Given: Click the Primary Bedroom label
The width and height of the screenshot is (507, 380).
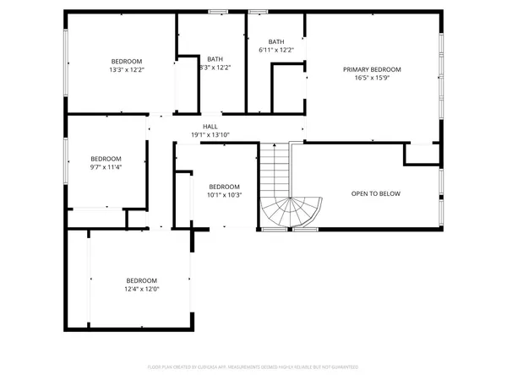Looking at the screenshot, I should click(x=372, y=69).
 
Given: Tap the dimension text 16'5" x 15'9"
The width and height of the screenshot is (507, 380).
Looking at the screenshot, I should click(x=372, y=78).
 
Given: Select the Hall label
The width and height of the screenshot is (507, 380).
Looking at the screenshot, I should click(x=210, y=125).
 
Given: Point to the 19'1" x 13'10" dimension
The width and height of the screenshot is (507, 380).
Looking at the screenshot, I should click(x=210, y=133).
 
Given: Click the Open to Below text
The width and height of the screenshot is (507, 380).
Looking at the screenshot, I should click(x=376, y=193).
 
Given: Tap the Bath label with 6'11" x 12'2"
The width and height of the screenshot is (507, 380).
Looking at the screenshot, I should click(x=276, y=41).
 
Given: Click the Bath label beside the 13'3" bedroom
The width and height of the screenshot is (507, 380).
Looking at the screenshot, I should click(x=215, y=58).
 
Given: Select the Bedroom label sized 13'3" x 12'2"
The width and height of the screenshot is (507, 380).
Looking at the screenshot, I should click(x=127, y=61).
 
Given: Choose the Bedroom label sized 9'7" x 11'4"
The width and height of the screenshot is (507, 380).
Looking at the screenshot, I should click(x=106, y=159).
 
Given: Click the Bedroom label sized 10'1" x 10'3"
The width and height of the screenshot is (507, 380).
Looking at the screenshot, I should click(x=225, y=187).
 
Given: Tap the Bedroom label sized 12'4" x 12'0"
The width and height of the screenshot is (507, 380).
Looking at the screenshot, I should click(x=142, y=280).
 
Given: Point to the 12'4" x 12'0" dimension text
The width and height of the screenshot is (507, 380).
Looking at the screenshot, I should click(x=142, y=289).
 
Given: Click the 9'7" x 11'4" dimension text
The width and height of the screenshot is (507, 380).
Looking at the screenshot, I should click(x=106, y=167).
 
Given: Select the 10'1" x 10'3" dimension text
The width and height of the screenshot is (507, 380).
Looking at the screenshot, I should click(x=225, y=195).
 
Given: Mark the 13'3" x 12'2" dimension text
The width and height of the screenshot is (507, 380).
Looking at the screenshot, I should click(x=127, y=69).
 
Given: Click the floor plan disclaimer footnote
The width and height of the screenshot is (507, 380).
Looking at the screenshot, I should click(x=253, y=367).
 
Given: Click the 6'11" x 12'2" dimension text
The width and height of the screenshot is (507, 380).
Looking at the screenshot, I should click(x=276, y=50).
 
